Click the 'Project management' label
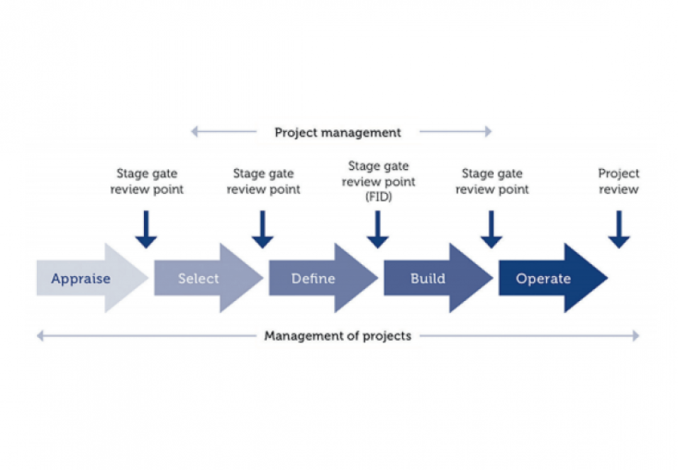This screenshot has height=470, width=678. [338, 132]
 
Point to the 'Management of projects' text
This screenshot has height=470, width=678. [338, 336]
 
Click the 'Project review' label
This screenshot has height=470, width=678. [618, 181]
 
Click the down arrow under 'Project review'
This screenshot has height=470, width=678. [618, 230]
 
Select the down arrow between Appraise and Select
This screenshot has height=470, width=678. [146, 230]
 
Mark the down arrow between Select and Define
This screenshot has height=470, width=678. [262, 230]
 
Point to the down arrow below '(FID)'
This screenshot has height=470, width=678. [377, 230]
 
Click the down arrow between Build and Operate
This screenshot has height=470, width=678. [491, 230]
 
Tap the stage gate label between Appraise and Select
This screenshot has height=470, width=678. [146, 181]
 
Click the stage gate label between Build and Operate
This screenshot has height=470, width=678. [491, 181]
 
